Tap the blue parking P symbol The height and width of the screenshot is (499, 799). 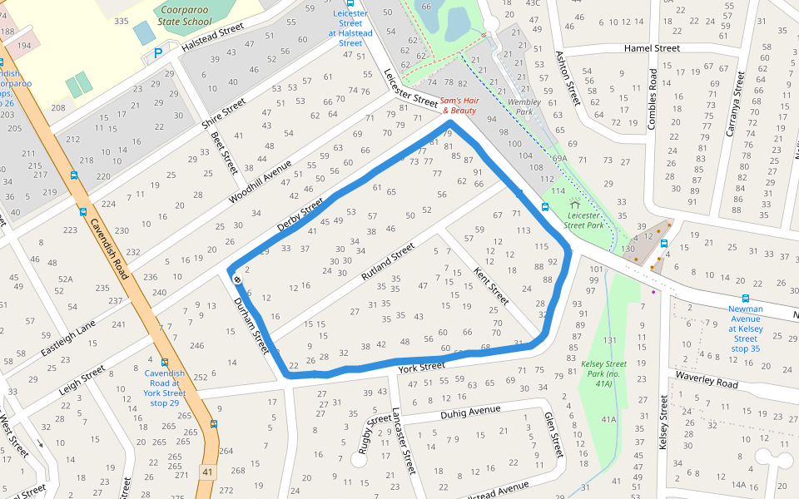pyautogui.click(x=158, y=54)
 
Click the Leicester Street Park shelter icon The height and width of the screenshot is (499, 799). pyautogui.click(x=574, y=204)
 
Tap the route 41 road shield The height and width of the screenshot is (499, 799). pyautogui.click(x=206, y=472)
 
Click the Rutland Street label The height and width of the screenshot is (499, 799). pyautogui.click(x=387, y=261)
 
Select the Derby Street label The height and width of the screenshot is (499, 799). pyautogui.click(x=300, y=215)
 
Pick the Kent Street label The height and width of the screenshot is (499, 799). pyautogui.click(x=490, y=284)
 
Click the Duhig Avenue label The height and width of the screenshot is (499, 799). pyautogui.click(x=470, y=411)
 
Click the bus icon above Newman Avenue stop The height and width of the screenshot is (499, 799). pyautogui.click(x=745, y=299)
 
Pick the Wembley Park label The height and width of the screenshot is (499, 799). pyautogui.click(x=524, y=106)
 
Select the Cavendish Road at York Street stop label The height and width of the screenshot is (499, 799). pyautogui.click(x=164, y=388)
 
